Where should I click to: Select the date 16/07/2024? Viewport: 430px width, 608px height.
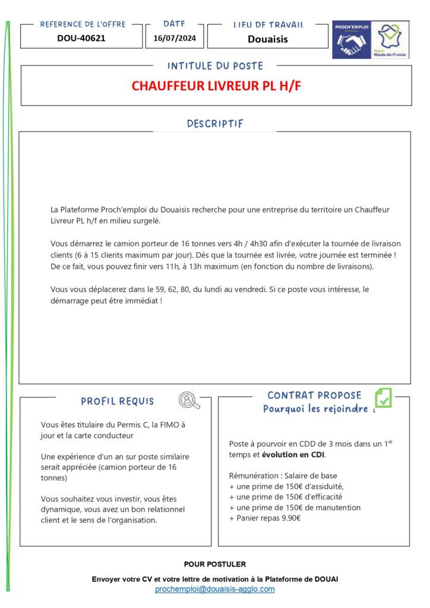[x=174, y=38]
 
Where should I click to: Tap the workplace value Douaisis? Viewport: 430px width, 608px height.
[x=267, y=39]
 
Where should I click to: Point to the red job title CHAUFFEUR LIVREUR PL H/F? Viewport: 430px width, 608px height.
[x=216, y=85]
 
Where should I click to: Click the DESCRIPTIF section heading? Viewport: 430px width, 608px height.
[x=215, y=123]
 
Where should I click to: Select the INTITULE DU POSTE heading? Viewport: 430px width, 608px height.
[x=215, y=66]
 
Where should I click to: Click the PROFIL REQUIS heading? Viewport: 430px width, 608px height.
[x=118, y=401]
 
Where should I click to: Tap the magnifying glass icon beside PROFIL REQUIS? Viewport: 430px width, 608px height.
[x=189, y=401]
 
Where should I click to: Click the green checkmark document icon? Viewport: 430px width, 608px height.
[x=383, y=397]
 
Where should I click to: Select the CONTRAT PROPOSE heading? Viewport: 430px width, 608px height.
[x=314, y=395]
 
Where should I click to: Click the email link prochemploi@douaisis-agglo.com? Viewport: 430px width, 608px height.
[x=215, y=589]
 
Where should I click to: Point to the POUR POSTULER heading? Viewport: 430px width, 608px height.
[x=215, y=564]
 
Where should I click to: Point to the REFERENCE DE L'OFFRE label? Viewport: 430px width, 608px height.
[x=83, y=24]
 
